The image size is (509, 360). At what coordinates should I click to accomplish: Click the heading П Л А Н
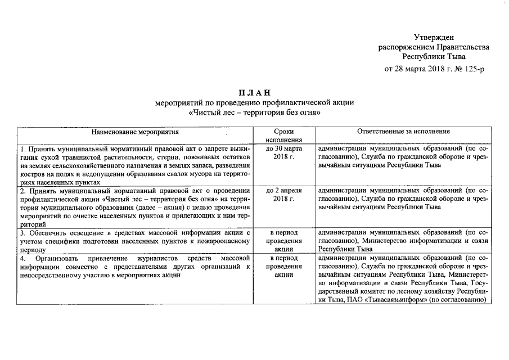254,93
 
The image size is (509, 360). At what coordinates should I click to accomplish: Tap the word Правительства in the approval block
461,47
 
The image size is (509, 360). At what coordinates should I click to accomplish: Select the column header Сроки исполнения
283,136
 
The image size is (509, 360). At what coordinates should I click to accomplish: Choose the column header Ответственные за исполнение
403,132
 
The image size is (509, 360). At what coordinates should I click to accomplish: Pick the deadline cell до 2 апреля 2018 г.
283,195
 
